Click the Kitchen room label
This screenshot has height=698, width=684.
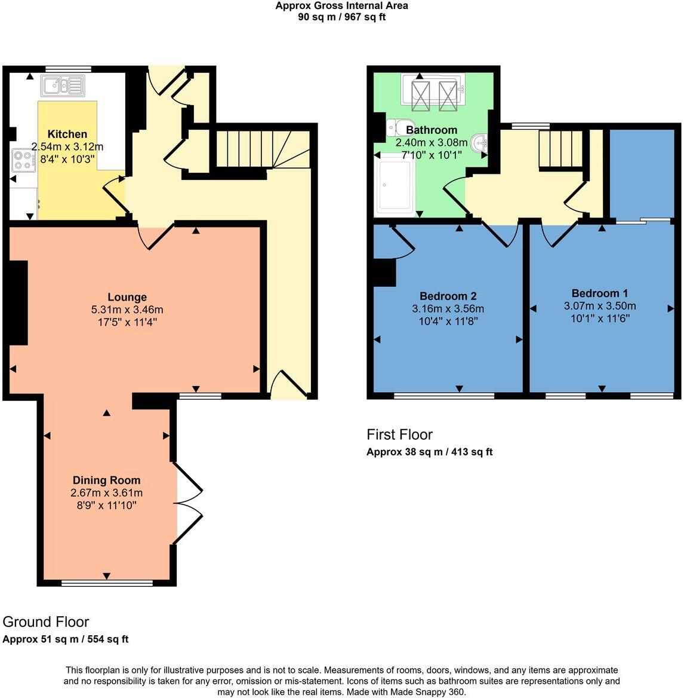(x=67, y=134)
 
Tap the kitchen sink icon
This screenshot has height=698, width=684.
(x=62, y=86)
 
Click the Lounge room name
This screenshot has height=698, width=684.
(x=127, y=297)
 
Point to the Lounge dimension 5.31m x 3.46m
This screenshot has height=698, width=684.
(x=127, y=310)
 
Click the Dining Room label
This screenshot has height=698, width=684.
(x=106, y=480)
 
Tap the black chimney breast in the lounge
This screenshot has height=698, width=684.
(x=18, y=302)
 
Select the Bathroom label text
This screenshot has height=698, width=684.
(x=431, y=130)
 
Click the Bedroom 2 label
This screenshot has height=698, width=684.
(x=448, y=296)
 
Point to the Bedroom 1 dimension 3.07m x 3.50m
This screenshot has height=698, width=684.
(x=599, y=306)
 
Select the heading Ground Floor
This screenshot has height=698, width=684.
(x=45, y=622)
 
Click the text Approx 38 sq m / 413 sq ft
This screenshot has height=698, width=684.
(x=429, y=452)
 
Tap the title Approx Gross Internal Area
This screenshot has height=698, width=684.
(x=341, y=6)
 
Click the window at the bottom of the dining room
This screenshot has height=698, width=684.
(x=107, y=582)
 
